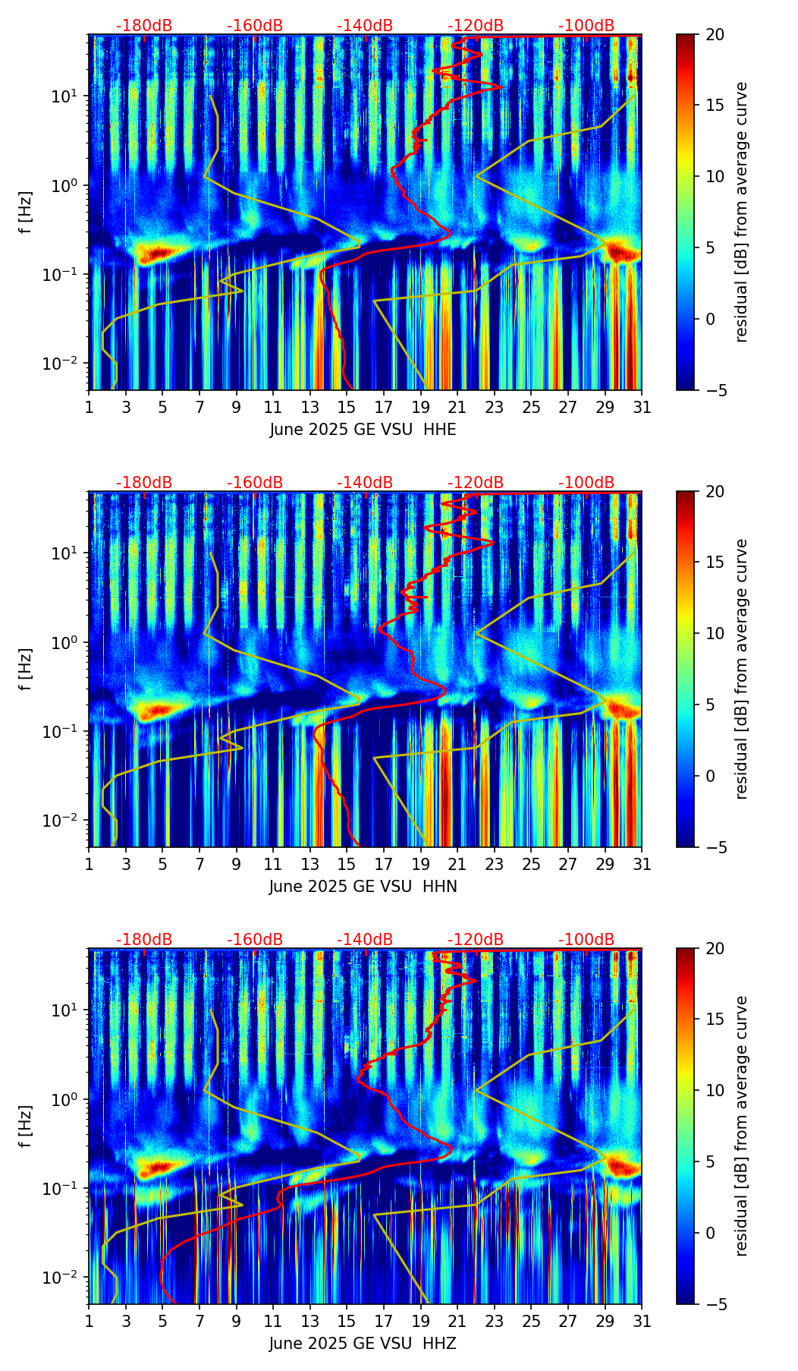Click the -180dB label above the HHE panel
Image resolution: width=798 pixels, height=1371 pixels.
tap(144, 26)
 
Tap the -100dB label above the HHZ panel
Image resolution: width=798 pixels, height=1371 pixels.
tap(586, 940)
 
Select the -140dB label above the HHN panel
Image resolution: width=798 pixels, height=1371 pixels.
tap(365, 483)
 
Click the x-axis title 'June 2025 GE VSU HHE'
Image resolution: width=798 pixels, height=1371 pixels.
tap(363, 430)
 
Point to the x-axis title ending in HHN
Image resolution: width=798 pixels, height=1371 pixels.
tap(363, 887)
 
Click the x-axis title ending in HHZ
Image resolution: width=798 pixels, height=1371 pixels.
tap(363, 1344)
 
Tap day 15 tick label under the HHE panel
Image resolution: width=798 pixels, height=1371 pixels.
tap(347, 407)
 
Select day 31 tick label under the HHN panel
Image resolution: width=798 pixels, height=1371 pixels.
tap(642, 864)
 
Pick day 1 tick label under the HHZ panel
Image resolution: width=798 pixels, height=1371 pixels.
tap(89, 1321)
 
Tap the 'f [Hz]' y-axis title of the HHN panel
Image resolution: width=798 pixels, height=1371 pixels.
tap(26, 669)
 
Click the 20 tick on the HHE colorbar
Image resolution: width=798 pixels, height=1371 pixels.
tap(715, 35)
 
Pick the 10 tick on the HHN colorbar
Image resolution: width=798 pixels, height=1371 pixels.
tap(715, 633)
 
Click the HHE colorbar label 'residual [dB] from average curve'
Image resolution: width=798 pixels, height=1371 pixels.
tap(742, 212)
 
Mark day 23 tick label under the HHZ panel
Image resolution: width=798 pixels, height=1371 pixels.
tap(495, 1321)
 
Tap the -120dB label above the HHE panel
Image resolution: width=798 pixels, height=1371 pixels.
tap(476, 26)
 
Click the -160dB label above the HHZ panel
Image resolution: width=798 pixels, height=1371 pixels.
tap(255, 940)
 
